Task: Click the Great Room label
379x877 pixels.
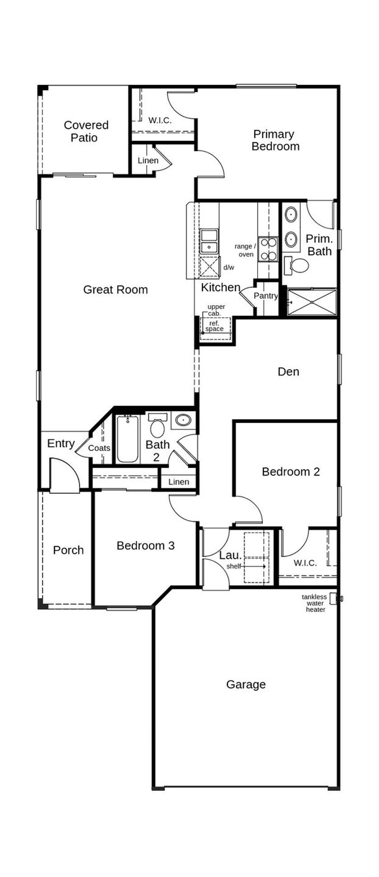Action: pos(115,290)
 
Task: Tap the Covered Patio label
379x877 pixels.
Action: pos(86,131)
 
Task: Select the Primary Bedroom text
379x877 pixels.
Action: pos(275,140)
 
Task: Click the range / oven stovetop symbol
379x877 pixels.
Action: pos(268,249)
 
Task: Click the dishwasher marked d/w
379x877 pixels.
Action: pos(209,267)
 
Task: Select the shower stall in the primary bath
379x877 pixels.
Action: pos(311,302)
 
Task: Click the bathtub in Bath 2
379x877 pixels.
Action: pos(127,439)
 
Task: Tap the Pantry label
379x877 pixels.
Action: pos(265,296)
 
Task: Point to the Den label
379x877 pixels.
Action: pos(288,371)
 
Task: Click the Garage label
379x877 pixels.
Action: pos(246,684)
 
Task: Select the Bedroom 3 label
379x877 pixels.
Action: pos(145,545)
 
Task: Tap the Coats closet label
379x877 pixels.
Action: pos(99,448)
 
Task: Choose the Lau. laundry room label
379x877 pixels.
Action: pos(230,555)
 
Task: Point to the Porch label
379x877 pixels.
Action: pos(68,550)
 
